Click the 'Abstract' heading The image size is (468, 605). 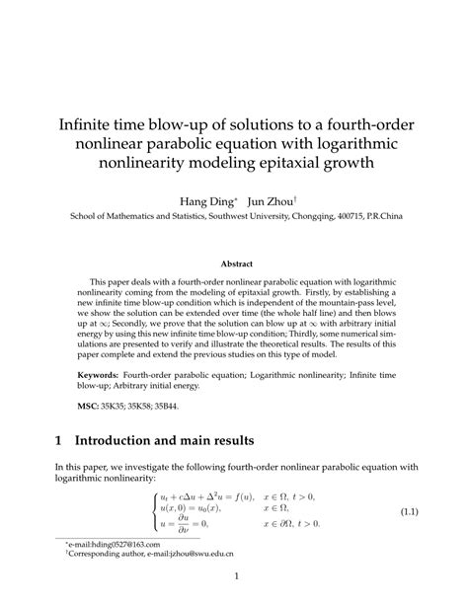coord(235,264)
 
